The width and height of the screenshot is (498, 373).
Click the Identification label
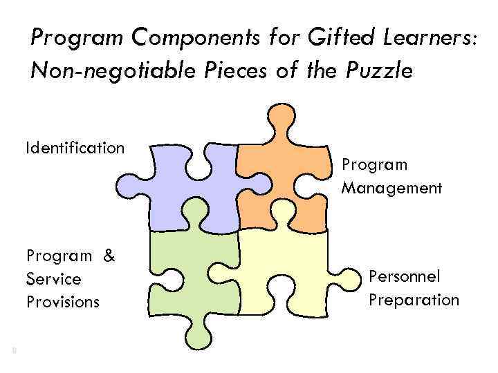click(75, 148)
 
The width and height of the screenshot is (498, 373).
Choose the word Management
click(391, 187)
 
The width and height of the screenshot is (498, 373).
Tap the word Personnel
click(405, 276)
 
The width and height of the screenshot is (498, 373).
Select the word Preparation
click(414, 300)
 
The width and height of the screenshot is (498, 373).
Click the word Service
click(54, 279)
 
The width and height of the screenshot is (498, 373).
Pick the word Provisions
click(63, 302)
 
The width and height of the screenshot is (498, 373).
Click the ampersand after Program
click(109, 256)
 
